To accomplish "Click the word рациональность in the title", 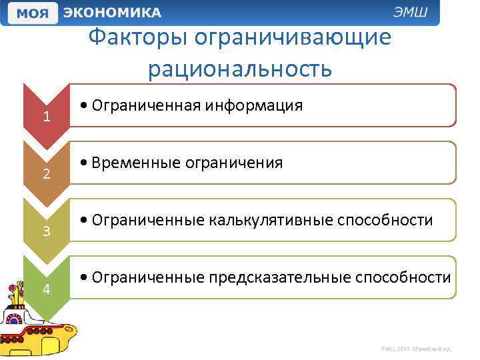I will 240,67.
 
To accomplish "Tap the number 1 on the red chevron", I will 46,117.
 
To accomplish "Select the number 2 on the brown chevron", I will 46,175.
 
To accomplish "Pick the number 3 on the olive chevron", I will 46,232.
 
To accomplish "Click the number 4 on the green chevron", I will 46,289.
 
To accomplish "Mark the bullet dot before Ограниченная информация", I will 81,106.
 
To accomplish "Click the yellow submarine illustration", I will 37,320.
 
